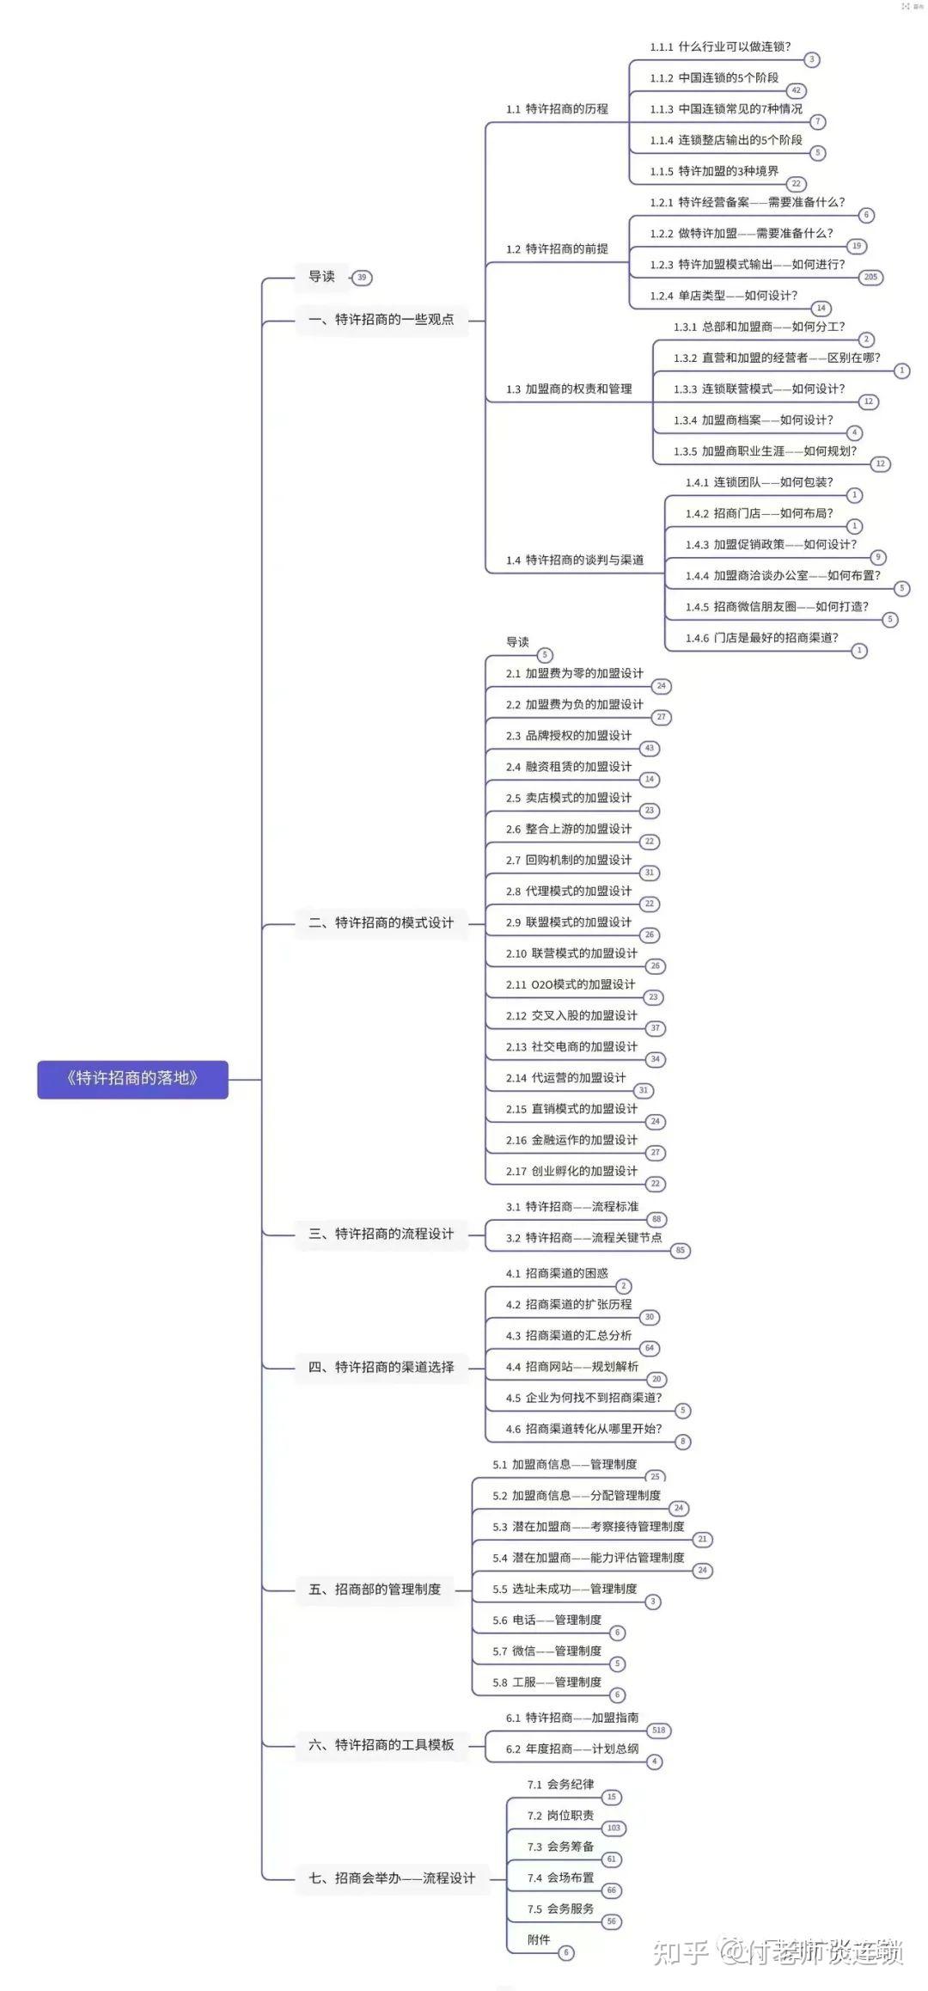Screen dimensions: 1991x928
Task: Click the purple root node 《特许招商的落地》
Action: pos(132,1079)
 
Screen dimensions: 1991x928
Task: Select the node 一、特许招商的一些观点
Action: pos(381,320)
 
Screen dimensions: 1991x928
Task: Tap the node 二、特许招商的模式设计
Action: pos(381,923)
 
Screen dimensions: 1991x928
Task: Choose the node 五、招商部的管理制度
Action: pos(374,1590)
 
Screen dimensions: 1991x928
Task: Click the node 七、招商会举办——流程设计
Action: pos(391,1878)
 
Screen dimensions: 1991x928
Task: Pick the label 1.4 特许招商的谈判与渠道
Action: pos(574,561)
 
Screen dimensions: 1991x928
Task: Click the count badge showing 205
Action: pos(870,277)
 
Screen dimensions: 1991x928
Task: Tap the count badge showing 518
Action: pos(658,1730)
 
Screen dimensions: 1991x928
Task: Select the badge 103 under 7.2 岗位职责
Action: pos(614,1828)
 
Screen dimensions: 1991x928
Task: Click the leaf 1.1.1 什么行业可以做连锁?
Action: pos(720,47)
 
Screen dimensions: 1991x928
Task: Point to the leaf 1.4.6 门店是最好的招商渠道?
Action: pos(761,638)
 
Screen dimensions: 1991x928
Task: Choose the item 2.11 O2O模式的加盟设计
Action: pos(571,985)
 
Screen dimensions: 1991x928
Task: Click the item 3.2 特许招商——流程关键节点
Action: pos(583,1238)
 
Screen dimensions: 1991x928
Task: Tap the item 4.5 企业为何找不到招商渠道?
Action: pos(583,1398)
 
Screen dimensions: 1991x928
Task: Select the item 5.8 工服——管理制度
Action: pos(546,1682)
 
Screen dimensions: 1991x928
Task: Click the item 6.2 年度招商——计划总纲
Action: pos(571,1749)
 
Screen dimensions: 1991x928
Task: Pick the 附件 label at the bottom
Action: pos(539,1940)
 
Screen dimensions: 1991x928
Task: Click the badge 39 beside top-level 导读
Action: pos(362,278)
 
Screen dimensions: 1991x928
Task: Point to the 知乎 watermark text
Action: pos(681,1951)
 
